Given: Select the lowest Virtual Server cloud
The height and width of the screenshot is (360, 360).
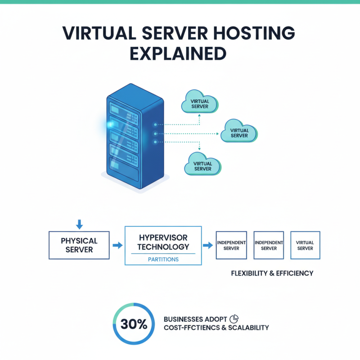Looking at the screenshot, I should [x=202, y=166].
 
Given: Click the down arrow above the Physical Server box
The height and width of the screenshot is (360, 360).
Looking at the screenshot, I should [x=79, y=224].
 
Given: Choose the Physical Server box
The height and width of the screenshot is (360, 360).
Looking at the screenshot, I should [x=79, y=245].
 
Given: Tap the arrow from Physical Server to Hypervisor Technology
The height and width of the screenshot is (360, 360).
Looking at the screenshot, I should [x=117, y=245].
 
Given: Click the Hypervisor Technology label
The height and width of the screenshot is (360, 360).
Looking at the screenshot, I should [x=163, y=242].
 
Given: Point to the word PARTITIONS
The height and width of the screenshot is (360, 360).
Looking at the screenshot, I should [x=163, y=260].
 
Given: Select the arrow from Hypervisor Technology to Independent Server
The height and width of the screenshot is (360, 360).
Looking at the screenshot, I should [x=208, y=245].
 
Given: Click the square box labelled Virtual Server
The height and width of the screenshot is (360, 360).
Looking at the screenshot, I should [x=305, y=245].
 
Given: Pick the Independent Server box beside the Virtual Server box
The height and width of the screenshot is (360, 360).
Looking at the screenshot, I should [x=269, y=245].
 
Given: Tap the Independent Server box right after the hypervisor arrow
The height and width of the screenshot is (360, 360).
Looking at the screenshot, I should [x=231, y=245].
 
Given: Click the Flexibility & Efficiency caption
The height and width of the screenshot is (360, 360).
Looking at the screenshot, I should [x=272, y=273].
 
